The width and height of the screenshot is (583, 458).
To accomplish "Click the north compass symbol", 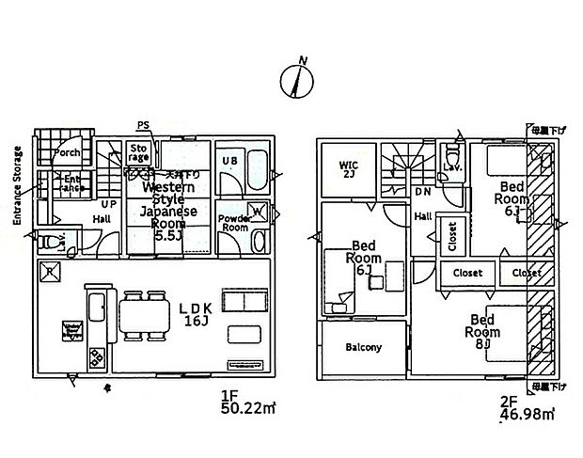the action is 298,79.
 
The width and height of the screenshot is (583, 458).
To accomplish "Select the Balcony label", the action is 363,347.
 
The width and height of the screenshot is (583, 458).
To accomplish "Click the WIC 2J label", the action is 349,170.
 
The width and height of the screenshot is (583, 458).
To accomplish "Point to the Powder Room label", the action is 233,223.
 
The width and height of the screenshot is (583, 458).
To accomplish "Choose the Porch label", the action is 67,152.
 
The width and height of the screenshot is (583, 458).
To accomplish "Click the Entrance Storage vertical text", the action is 18,184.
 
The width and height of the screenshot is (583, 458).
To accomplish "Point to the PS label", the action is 143,125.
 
